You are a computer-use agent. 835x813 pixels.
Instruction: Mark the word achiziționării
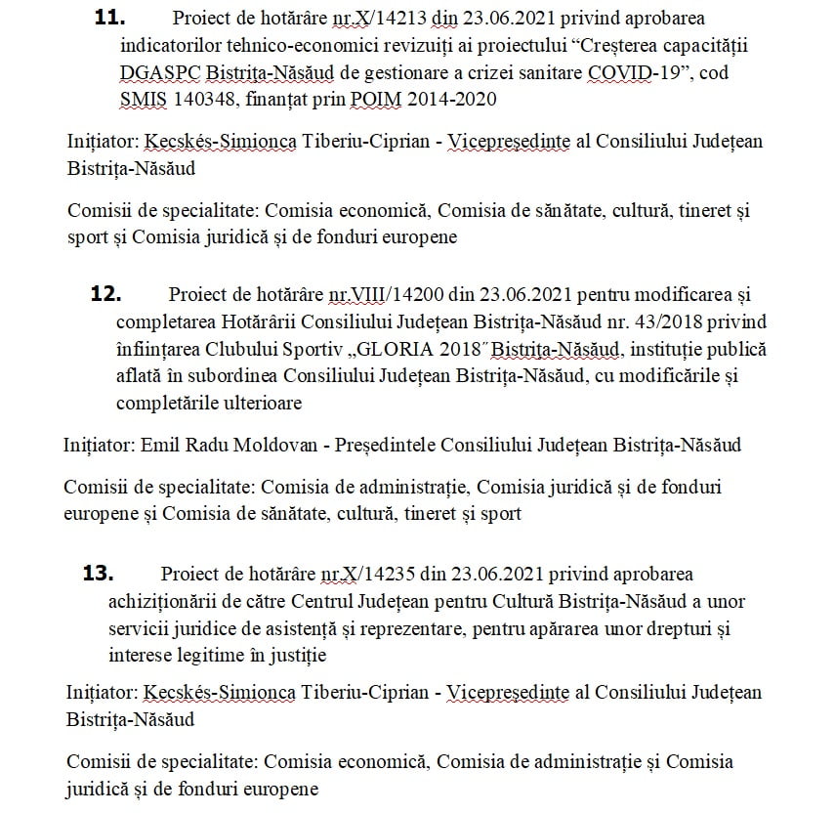click(x=167, y=600)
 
